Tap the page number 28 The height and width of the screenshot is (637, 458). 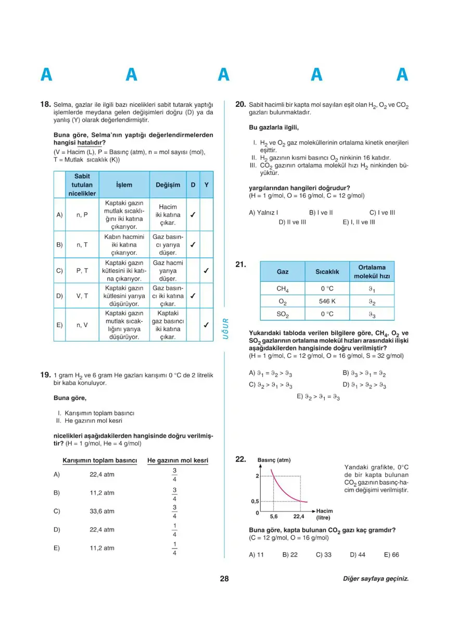point(224,579)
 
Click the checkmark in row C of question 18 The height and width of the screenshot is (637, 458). point(207,271)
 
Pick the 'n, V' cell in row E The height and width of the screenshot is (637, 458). point(82,325)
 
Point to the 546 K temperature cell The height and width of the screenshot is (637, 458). point(327,301)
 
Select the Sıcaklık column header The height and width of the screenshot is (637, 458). point(327,272)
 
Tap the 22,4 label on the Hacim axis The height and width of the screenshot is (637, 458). point(299,517)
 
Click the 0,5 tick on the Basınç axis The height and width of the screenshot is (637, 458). point(255,501)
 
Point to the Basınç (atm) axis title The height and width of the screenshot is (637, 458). point(274,460)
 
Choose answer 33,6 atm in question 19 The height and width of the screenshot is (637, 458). point(102,511)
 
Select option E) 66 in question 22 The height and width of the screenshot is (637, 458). point(391,555)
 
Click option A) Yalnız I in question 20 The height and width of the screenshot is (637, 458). point(263,213)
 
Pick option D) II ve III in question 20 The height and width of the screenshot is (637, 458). point(292,222)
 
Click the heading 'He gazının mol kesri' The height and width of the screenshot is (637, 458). point(177,460)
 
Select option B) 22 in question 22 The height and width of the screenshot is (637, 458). point(290,555)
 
